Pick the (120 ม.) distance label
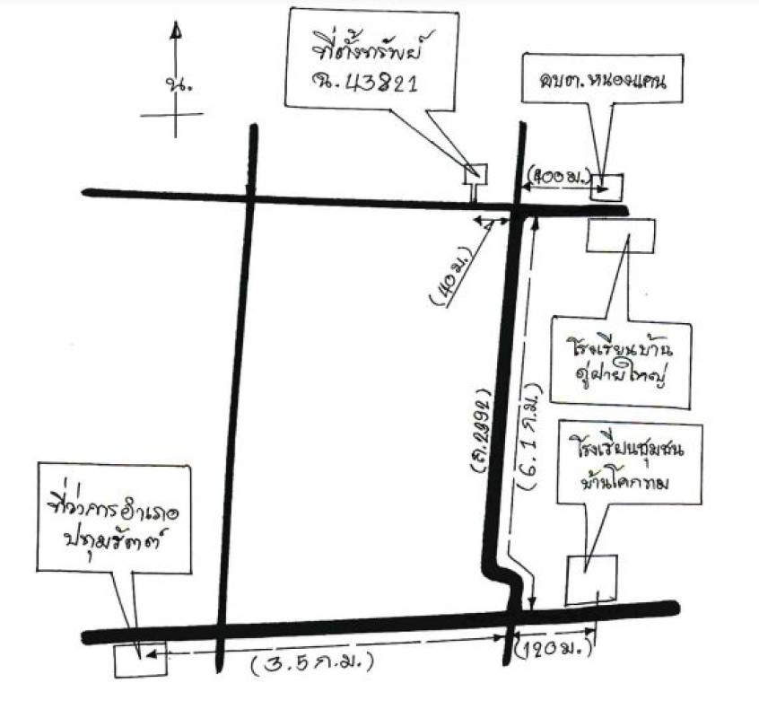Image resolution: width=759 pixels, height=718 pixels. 549,645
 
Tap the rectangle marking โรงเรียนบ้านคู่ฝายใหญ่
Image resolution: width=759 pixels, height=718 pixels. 621,235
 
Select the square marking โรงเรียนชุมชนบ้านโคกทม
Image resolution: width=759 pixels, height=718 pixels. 591,579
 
